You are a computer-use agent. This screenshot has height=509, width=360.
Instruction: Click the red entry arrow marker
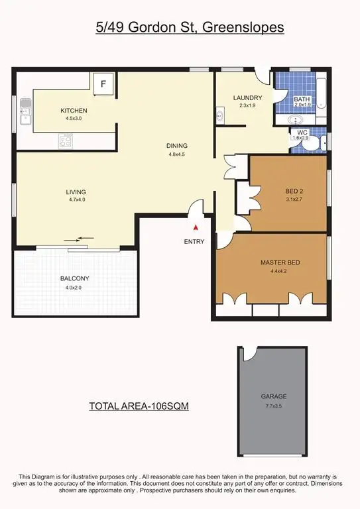(194, 228)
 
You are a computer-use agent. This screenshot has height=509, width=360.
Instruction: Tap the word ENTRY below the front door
(194, 241)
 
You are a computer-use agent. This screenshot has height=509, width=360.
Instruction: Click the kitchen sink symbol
(25, 111)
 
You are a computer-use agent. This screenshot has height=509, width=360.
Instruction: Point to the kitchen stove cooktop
(67, 141)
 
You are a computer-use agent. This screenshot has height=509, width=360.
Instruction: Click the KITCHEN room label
(74, 111)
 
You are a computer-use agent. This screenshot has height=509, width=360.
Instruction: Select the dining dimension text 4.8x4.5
(178, 155)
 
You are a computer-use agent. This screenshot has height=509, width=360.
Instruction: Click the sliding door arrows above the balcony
(79, 239)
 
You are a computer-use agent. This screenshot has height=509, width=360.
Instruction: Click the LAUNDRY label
(248, 98)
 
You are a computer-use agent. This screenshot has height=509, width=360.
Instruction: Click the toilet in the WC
(318, 142)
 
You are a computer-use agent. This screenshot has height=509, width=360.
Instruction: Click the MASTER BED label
(280, 263)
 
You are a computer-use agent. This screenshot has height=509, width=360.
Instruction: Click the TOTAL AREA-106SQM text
(139, 407)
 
